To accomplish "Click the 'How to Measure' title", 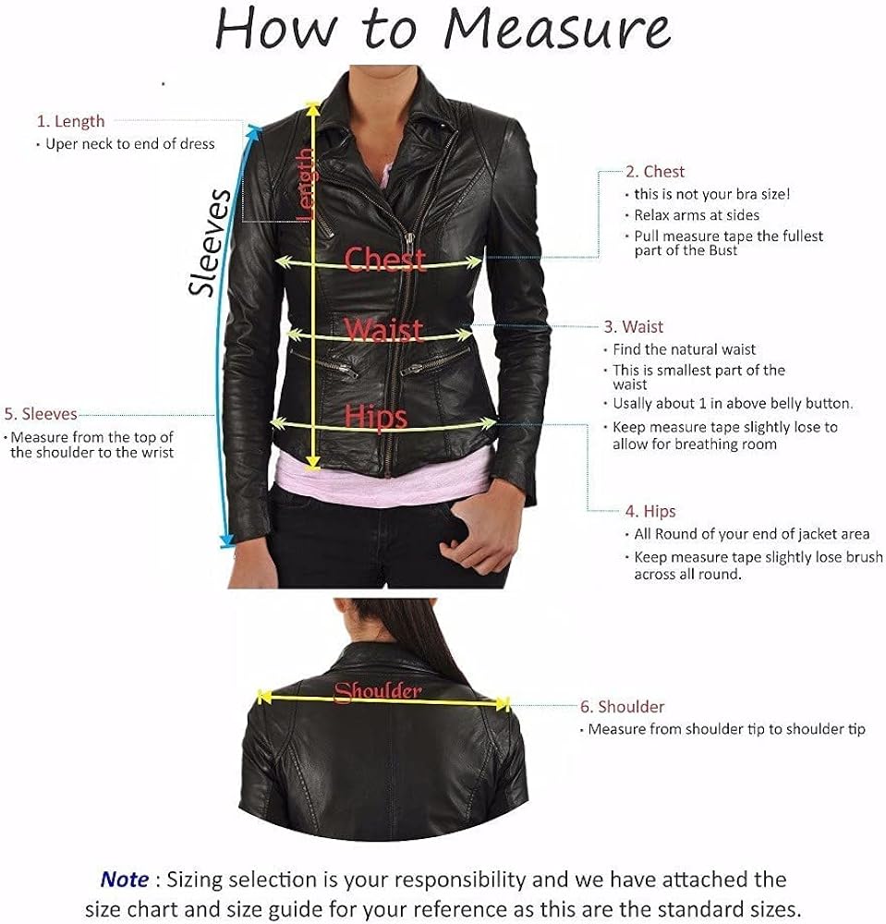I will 443,30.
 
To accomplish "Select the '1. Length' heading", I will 70,121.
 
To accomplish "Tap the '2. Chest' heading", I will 655,171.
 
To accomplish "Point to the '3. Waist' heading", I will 634,326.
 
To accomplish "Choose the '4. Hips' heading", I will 650,511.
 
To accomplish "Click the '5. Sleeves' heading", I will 41,414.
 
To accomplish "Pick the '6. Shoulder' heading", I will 622,707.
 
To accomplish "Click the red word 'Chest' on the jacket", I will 385,260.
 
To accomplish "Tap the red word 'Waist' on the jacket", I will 383,330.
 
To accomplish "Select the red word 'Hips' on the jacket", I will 376,417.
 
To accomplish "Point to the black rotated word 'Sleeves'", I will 209,242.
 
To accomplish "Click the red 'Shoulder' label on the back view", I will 378,691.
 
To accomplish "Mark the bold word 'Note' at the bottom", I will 124,880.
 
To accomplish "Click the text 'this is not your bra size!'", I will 710,195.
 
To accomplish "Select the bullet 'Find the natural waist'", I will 685,349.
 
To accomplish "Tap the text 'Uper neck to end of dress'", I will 130,144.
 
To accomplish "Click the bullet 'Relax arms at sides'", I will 697,215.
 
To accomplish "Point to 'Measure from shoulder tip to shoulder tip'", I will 727,729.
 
